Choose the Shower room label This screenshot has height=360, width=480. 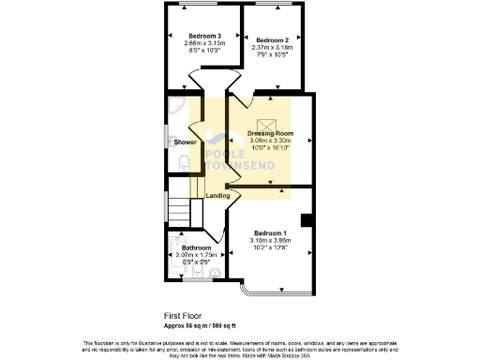point(185,142)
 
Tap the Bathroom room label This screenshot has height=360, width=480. point(197,247)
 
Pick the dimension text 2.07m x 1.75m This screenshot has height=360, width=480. point(197,255)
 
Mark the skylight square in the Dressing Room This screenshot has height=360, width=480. point(268,123)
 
